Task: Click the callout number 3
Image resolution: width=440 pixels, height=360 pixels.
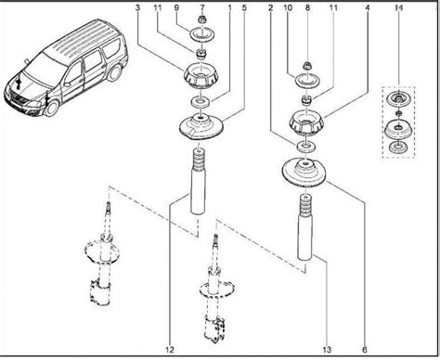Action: click(137, 7)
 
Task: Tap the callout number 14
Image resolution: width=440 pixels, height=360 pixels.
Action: click(399, 8)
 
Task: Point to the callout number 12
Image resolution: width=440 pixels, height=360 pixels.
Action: click(170, 350)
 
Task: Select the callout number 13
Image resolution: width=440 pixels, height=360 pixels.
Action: click(327, 350)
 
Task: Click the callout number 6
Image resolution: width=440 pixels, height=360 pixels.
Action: click(365, 350)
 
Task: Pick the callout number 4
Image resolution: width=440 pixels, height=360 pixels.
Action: click(368, 7)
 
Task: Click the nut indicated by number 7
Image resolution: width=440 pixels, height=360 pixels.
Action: click(202, 20)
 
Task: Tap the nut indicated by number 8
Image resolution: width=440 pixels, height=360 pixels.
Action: click(306, 66)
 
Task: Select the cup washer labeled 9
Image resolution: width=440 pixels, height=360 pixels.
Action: click(201, 34)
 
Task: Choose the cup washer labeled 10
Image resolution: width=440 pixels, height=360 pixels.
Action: click(306, 81)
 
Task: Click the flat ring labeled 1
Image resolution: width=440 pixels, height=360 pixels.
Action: click(201, 102)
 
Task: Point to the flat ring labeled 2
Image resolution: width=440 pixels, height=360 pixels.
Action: click(306, 147)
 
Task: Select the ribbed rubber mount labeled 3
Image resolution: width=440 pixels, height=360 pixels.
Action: click(201, 77)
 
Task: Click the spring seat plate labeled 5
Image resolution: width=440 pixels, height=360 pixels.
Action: click(201, 127)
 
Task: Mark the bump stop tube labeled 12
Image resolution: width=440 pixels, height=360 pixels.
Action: click(198, 181)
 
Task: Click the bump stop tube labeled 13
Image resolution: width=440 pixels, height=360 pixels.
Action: click(304, 226)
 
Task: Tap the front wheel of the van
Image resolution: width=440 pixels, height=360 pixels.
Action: click(52, 109)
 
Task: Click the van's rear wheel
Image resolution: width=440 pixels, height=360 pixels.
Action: click(115, 72)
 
